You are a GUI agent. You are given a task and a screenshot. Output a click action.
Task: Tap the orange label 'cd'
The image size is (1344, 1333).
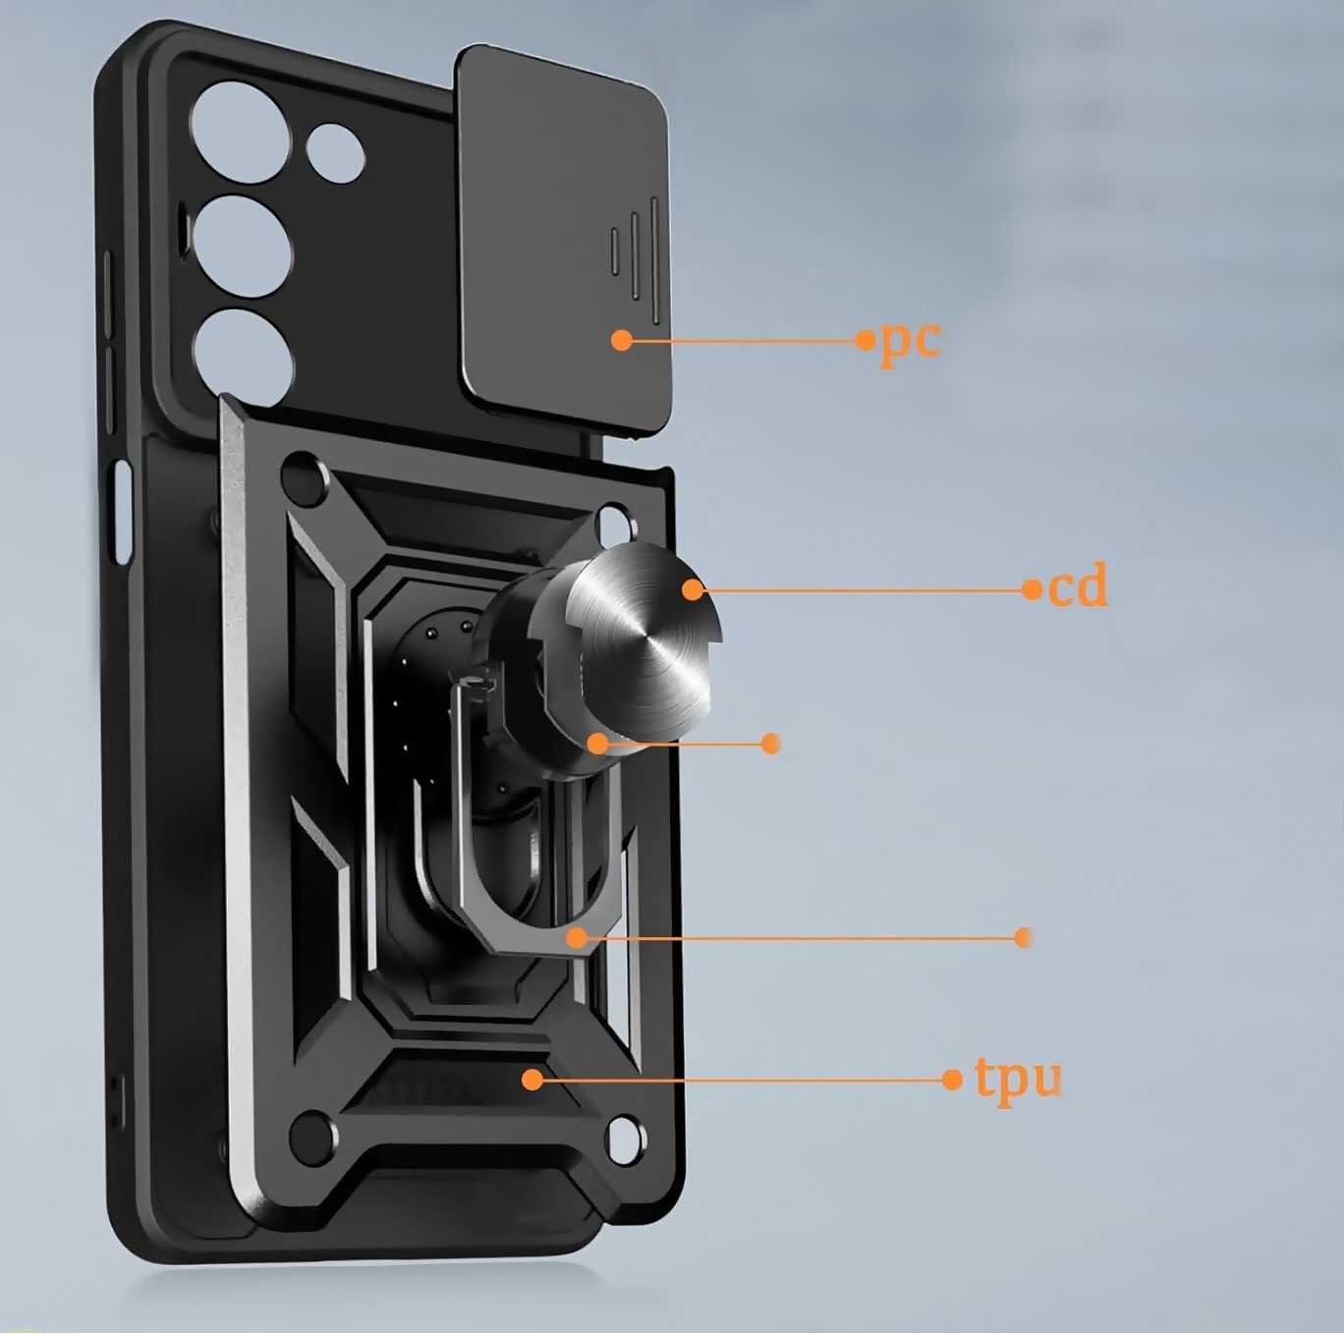[x=1078, y=584]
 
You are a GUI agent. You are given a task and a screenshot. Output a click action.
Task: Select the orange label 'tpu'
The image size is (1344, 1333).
[x=1018, y=1078]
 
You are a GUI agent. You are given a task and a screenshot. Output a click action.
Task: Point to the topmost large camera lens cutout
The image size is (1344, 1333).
[x=240, y=133]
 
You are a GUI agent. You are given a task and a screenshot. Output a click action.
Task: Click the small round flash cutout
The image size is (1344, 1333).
[x=335, y=153]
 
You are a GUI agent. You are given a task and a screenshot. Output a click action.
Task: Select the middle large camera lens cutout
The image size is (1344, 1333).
[x=242, y=247]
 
